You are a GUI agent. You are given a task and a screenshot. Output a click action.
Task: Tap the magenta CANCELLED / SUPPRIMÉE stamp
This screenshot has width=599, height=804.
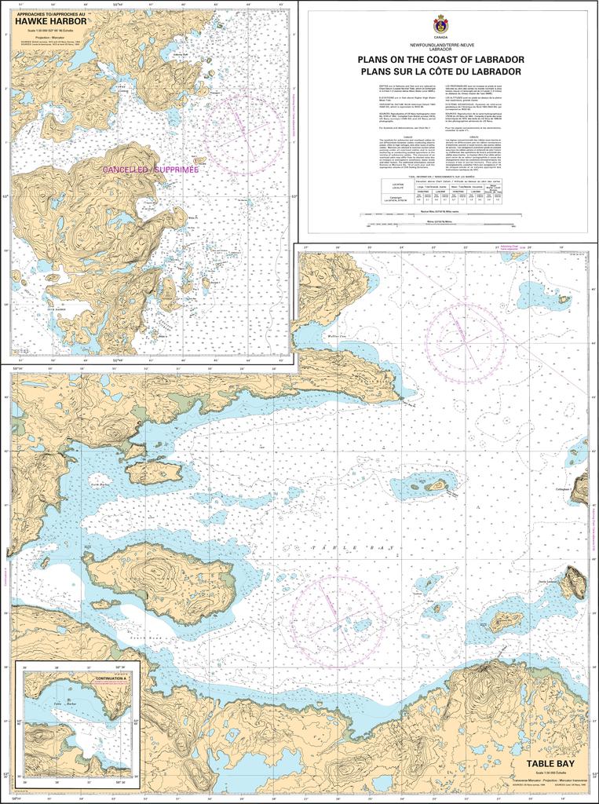151,170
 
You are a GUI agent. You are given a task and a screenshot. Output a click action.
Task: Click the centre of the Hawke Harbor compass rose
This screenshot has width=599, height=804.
243,134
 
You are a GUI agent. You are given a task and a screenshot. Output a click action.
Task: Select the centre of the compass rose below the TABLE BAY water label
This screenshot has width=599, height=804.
337,620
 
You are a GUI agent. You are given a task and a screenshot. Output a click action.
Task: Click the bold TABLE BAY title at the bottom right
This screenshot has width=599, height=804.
552,762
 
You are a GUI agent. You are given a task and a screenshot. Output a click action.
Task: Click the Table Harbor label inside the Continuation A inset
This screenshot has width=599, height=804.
63,703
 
